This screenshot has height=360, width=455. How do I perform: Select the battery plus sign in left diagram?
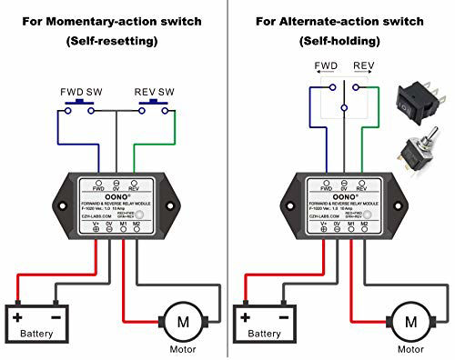point(17,318)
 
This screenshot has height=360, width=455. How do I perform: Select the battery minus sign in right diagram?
point(286,318)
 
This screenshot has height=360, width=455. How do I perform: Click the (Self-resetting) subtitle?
point(113,41)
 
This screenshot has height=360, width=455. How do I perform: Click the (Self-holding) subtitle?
point(341,41)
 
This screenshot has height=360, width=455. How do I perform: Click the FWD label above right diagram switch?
point(327,66)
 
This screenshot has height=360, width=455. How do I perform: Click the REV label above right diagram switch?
point(363,66)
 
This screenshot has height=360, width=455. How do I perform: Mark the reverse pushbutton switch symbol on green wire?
point(153,109)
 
